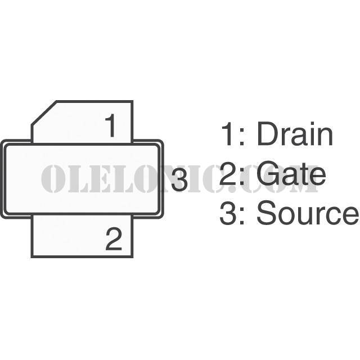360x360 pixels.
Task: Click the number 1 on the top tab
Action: point(111,125)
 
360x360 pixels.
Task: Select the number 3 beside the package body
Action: point(179,180)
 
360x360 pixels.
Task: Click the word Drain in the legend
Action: point(295,134)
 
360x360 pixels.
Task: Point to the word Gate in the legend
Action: point(291,174)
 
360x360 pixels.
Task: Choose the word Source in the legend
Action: point(308,213)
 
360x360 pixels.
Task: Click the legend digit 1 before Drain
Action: point(227,134)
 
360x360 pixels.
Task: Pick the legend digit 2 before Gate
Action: point(228,173)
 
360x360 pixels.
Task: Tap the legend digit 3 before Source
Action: point(228,213)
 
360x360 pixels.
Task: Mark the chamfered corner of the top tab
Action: point(44,112)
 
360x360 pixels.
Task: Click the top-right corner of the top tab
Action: point(132,101)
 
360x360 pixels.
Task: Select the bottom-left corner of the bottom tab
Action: point(32,256)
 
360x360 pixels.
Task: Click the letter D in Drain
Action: point(267,134)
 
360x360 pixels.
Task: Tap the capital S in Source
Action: point(267,213)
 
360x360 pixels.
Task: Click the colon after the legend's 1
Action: point(241,137)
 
